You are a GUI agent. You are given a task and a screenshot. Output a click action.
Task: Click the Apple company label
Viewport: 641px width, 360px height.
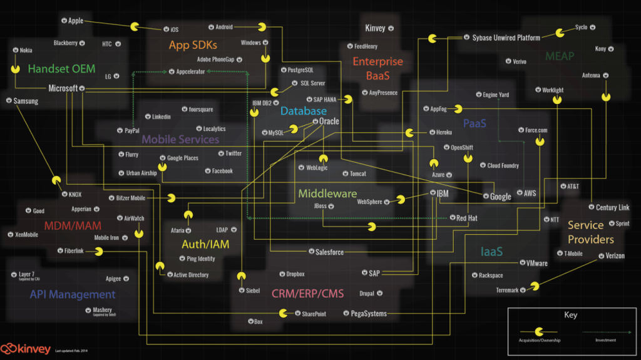tap(75, 21)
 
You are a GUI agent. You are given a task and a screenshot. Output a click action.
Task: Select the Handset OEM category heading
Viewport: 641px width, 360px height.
tap(61, 69)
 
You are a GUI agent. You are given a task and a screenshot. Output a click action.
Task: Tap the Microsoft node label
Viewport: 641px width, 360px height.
tap(63, 88)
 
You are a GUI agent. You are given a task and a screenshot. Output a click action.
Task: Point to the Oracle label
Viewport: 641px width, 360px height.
tap(329, 121)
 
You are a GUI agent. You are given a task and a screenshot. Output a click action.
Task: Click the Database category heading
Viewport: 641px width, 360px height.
tap(303, 111)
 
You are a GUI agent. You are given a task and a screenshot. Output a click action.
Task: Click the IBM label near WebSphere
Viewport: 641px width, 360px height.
tap(442, 194)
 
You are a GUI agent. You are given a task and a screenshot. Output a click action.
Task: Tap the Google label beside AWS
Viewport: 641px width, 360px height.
tap(500, 197)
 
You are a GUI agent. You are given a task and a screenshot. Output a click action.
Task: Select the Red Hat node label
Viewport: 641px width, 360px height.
tap(467, 218)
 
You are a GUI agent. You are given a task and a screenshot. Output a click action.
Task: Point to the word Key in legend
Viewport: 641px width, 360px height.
tap(570, 316)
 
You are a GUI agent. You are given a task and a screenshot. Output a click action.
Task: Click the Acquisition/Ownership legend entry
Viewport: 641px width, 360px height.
tap(538, 340)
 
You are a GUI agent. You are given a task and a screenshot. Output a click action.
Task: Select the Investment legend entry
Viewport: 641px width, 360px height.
tap(605, 340)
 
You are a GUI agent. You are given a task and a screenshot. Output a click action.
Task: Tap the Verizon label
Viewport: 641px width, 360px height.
tap(615, 255)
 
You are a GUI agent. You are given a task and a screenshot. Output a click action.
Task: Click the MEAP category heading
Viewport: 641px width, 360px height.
tap(559, 56)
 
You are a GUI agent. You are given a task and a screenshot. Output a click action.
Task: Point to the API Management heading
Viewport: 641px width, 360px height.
tap(73, 294)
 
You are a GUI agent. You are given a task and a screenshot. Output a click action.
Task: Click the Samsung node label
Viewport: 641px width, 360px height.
tap(26, 101)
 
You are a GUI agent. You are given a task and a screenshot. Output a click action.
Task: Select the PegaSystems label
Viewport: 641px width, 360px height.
tap(368, 314)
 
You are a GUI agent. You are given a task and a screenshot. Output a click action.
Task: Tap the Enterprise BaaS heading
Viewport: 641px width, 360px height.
tap(377, 69)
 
